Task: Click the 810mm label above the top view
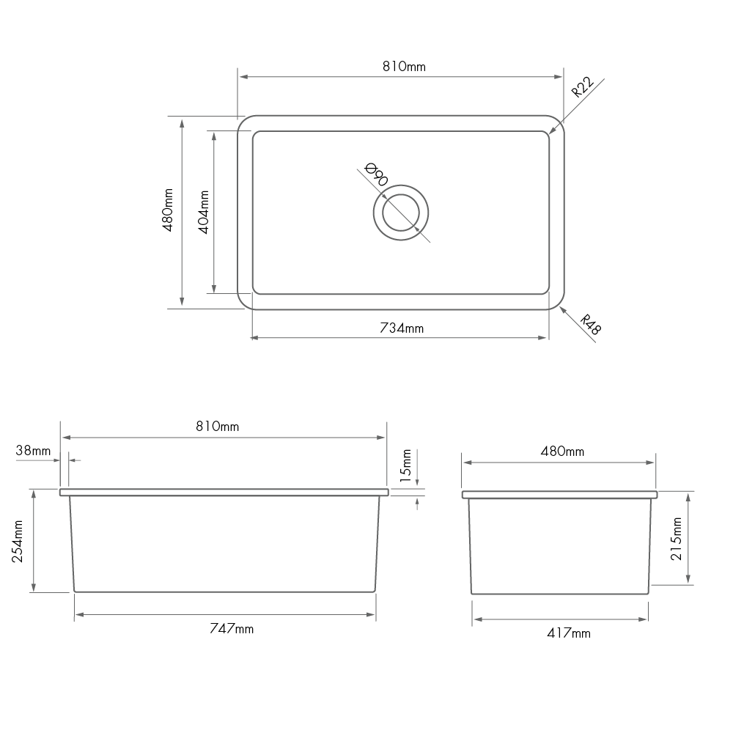click(404, 67)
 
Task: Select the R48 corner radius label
click(589, 325)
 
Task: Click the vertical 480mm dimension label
click(168, 211)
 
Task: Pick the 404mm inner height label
click(205, 212)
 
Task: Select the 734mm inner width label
click(402, 328)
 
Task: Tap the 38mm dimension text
click(33, 451)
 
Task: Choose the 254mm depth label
click(19, 540)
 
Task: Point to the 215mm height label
click(677, 539)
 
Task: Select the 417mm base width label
click(568, 633)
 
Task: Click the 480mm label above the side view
click(562, 452)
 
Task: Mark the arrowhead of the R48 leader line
click(561, 309)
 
